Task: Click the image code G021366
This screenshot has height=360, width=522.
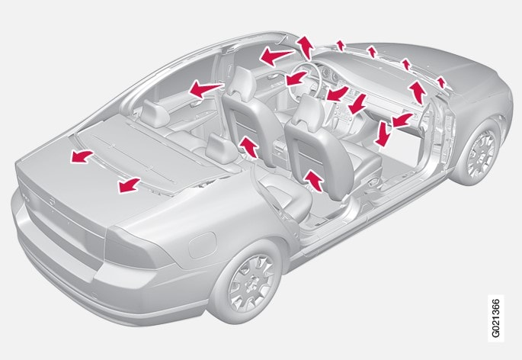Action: pyautogui.click(x=495, y=318)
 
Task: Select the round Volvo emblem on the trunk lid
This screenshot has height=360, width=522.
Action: pyautogui.click(x=52, y=201)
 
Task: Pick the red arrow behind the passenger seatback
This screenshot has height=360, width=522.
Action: pyautogui.click(x=314, y=180)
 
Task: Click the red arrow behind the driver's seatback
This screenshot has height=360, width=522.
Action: pyautogui.click(x=248, y=146)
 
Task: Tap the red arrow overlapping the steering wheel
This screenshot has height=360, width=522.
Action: pyautogui.click(x=296, y=78)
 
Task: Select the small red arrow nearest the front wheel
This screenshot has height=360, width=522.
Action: pyautogui.click(x=441, y=82)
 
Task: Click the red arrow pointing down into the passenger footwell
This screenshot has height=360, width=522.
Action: pyautogui.click(x=383, y=134)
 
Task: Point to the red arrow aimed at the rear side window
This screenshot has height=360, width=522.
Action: pyautogui.click(x=206, y=89)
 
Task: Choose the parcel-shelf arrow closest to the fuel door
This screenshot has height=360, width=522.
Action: pyautogui.click(x=130, y=185)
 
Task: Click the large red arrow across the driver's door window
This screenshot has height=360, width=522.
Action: pyautogui.click(x=277, y=56)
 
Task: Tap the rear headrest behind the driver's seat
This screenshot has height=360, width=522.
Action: pyautogui.click(x=155, y=113)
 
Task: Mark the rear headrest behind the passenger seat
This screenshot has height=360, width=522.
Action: pyautogui.click(x=221, y=148)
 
